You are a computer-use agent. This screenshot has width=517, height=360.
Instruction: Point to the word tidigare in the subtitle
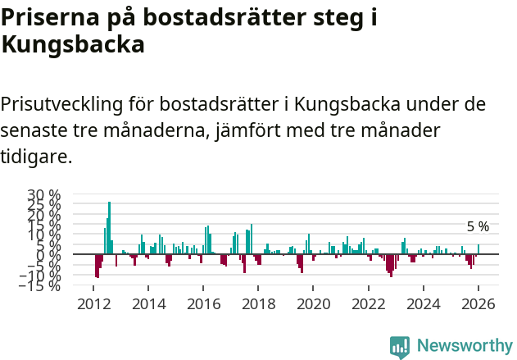[36, 156]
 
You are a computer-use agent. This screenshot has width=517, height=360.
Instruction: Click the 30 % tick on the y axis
[44, 195]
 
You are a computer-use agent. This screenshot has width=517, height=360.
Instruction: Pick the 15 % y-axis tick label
[44, 226]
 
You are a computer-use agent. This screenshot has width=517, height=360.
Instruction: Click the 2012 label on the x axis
[94, 304]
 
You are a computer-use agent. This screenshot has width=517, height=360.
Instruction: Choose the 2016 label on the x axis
[203, 304]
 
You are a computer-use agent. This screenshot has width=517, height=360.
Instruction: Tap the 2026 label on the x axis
[478, 304]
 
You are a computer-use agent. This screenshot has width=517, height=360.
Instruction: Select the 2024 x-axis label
[423, 304]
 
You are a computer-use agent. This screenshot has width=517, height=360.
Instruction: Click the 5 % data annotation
[478, 227]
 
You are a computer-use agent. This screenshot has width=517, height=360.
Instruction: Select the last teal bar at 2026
[478, 249]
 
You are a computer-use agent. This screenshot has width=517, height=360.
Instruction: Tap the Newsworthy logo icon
[400, 346]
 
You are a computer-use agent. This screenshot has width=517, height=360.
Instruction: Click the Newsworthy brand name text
[464, 346]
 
